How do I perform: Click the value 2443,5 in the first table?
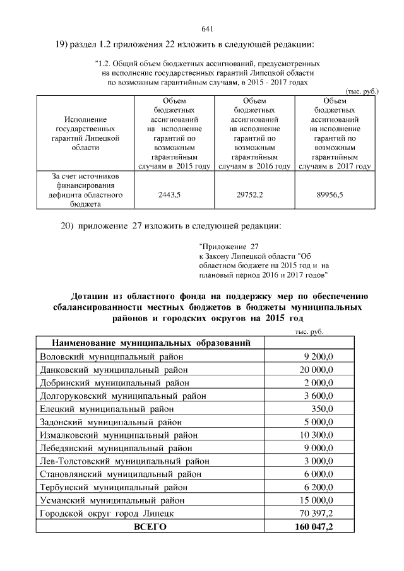(169, 196)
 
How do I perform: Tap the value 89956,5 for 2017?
(330, 196)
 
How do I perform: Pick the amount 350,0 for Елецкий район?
(322, 409)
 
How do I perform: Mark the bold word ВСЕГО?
(148, 527)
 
